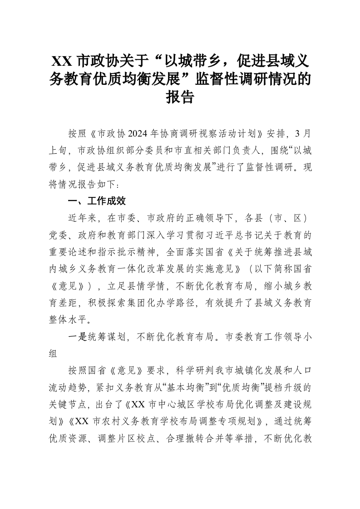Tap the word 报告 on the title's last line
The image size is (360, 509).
point(180,97)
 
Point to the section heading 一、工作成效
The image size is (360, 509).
point(97,201)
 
